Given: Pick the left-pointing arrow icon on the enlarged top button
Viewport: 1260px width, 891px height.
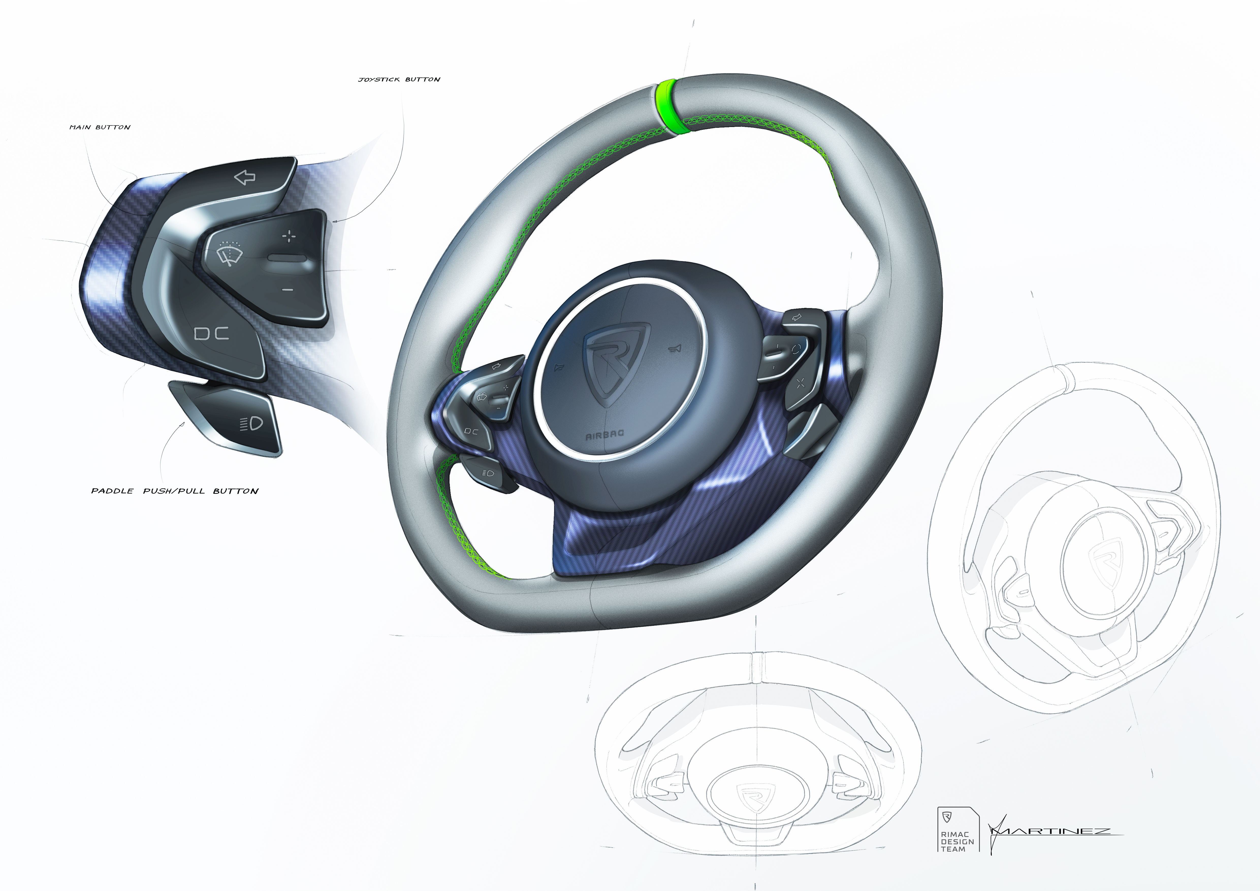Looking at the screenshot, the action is tap(245, 177).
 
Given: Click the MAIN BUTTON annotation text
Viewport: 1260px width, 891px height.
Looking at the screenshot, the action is tap(100, 127).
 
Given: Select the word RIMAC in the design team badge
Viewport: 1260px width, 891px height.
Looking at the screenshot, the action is tap(955, 835).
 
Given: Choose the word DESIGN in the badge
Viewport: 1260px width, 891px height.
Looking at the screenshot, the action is tap(958, 842).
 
